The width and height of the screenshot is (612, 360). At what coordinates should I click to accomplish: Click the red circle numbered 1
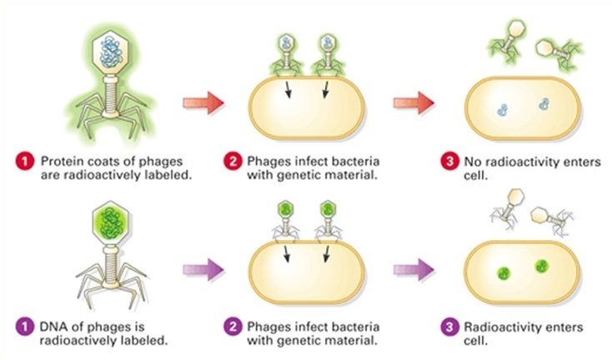pos(24,162)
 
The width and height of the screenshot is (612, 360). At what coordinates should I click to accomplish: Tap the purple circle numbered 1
pos(24,327)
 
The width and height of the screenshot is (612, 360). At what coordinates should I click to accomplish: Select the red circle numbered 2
pos(233,162)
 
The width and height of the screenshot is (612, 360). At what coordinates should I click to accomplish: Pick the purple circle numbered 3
pos(449,327)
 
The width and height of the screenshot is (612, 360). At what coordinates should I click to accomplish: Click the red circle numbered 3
pos(449,162)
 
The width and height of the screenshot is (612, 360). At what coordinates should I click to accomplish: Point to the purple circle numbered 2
pos(233,327)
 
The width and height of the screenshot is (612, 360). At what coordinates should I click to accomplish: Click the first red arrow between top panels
pos(203,103)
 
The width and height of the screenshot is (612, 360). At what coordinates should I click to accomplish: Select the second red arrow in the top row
pos(414,103)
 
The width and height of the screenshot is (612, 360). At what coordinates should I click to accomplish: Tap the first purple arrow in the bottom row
pos(203,269)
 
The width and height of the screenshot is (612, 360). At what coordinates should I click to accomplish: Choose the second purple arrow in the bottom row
pos(414,269)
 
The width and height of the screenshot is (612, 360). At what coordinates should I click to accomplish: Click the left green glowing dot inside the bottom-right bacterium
pos(504,273)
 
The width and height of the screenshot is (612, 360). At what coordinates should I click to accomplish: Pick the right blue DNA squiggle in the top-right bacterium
pos(544,104)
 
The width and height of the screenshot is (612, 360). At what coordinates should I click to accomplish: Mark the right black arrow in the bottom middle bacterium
pos(326,253)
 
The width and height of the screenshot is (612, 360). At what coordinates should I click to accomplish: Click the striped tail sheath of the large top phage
pos(111,93)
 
